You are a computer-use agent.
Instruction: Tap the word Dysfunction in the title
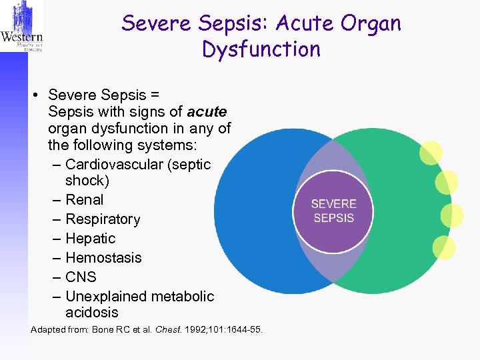(x=261, y=49)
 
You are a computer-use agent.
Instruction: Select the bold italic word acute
(x=207, y=111)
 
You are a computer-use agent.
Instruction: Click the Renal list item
(x=85, y=199)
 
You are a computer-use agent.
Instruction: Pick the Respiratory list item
(x=103, y=219)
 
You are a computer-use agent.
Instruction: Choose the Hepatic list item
(x=91, y=238)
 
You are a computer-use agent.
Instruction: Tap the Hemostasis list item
(x=103, y=257)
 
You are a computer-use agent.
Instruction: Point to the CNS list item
(x=81, y=277)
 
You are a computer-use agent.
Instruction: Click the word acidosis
(x=92, y=312)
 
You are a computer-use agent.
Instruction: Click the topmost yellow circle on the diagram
(x=431, y=153)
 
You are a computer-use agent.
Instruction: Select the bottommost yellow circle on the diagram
(x=444, y=247)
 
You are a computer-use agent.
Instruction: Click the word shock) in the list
(x=87, y=180)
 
